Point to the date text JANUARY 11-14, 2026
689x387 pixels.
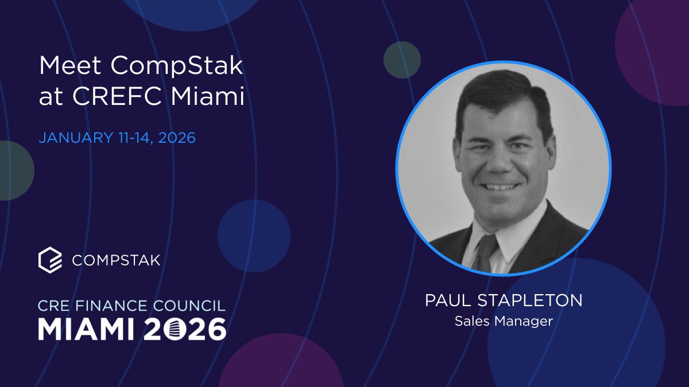[117, 138]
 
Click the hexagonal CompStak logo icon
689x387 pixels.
[49, 260]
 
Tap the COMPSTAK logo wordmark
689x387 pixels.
[116, 260]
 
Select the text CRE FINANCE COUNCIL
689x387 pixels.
[132, 305]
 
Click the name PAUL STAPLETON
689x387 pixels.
[504, 301]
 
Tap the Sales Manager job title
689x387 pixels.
[504, 321]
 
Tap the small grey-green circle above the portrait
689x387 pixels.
[402, 60]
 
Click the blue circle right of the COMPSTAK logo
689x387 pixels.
[254, 236]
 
